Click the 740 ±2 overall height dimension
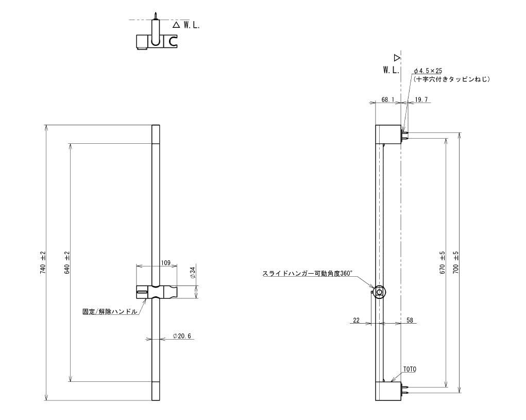click(43, 263)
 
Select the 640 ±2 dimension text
click(67, 263)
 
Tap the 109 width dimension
click(166, 263)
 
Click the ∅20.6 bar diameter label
click(182, 336)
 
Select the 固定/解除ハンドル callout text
click(110, 311)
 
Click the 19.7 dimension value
click(421, 99)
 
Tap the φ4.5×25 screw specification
click(428, 71)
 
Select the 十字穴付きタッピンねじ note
click(451, 79)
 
